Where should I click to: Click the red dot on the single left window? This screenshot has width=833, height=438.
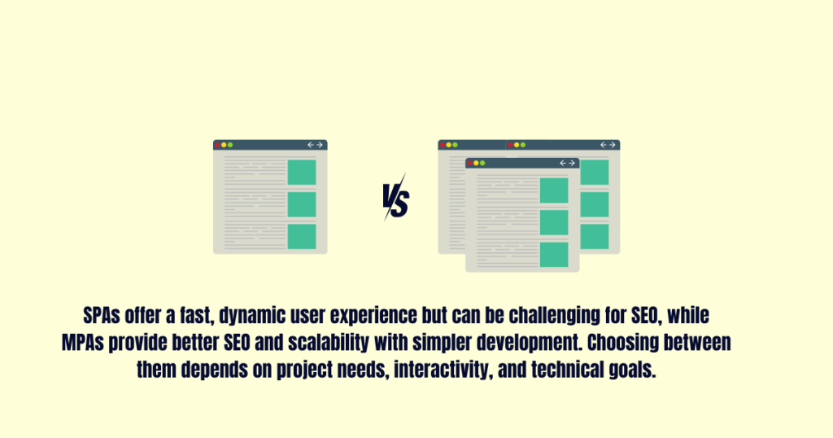(218, 145)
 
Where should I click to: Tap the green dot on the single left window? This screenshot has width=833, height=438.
(231, 145)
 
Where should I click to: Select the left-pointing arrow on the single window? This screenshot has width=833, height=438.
(310, 145)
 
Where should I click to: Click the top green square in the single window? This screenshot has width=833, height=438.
(302, 172)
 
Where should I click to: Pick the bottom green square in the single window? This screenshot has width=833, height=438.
(302, 236)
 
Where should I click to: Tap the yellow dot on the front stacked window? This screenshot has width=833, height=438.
(477, 163)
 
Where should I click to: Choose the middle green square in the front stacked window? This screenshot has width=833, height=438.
(554, 222)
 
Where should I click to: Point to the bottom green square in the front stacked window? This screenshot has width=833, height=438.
(554, 254)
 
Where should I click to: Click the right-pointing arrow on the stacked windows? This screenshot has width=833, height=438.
(612, 145)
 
